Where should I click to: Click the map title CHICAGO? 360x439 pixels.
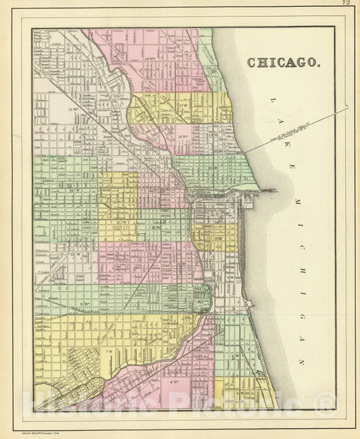point(283,63)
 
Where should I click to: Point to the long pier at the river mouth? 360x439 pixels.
point(266,191)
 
